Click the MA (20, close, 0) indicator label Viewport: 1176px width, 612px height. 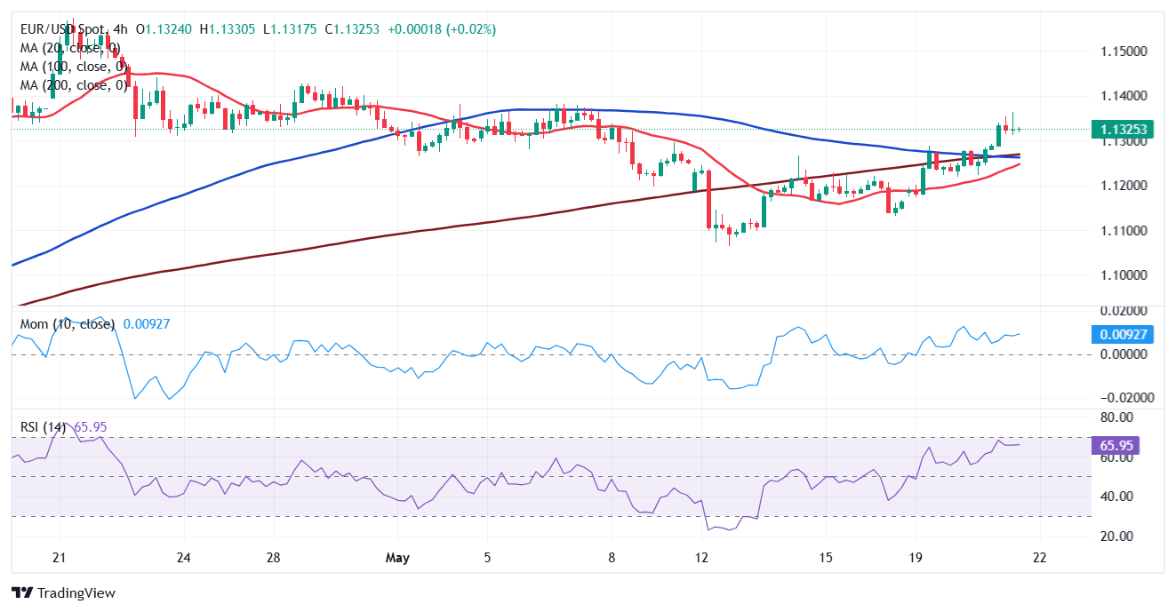pos(70,48)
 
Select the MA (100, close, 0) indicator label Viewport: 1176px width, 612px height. pos(73,67)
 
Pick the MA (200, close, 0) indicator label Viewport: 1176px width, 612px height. pos(73,85)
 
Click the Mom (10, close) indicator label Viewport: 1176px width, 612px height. pos(68,324)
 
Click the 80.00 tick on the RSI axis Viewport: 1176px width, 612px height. pos(1114,417)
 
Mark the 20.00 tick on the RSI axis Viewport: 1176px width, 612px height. pos(1114,536)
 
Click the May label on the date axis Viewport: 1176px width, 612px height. pos(398,558)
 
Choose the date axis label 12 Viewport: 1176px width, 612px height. pos(702,558)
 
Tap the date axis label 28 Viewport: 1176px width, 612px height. pos(274,558)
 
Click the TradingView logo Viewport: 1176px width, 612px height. pos(63,592)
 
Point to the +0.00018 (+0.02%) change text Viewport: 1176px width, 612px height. pos(440,29)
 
